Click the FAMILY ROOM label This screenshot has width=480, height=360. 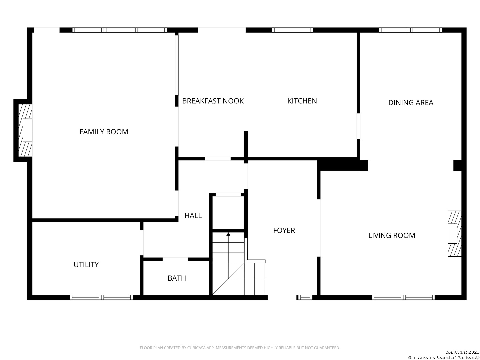pyautogui.click(x=104, y=132)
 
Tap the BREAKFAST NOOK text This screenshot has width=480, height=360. pyautogui.click(x=213, y=101)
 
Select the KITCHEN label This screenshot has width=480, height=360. pyautogui.click(x=302, y=101)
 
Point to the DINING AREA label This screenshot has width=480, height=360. pyautogui.click(x=410, y=103)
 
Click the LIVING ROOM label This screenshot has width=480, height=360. pyautogui.click(x=391, y=235)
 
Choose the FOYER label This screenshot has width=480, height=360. pyautogui.click(x=284, y=230)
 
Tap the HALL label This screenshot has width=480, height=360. pyautogui.click(x=193, y=216)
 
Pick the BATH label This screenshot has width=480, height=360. pyautogui.click(x=177, y=278)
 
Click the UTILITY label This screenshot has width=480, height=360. pyautogui.click(x=86, y=264)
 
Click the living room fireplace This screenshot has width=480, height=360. pyautogui.click(x=454, y=233)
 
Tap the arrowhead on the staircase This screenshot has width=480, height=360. pyautogui.click(x=228, y=234)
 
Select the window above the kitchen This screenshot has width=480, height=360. pyautogui.click(x=292, y=30)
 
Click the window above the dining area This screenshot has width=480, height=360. pyautogui.click(x=410, y=30)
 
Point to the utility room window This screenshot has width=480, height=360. pyautogui.click(x=101, y=297)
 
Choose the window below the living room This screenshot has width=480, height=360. pyautogui.click(x=403, y=297)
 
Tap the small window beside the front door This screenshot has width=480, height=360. pyautogui.click(x=305, y=297)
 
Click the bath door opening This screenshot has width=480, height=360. pyautogui.click(x=175, y=259)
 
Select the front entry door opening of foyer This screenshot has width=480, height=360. pyautogui.click(x=282, y=297)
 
